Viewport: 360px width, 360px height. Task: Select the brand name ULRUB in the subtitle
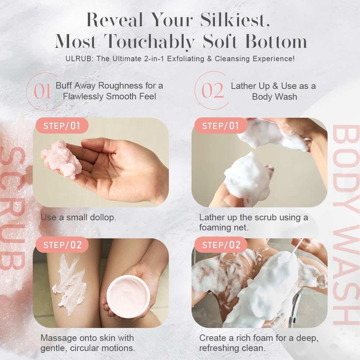pos(72,59)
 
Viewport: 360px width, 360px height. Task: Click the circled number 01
pos(42,91)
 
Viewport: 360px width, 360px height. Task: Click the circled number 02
pos(213,91)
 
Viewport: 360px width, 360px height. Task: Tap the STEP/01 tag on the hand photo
pos(61,126)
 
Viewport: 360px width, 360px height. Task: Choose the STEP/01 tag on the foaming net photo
pos(220,126)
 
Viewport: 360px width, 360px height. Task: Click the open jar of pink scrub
pos(128,295)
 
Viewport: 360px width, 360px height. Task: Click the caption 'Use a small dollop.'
pos(78,217)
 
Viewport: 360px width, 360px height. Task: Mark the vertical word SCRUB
pos(13,209)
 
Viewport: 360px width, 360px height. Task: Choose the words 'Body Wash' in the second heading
pos(274,96)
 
